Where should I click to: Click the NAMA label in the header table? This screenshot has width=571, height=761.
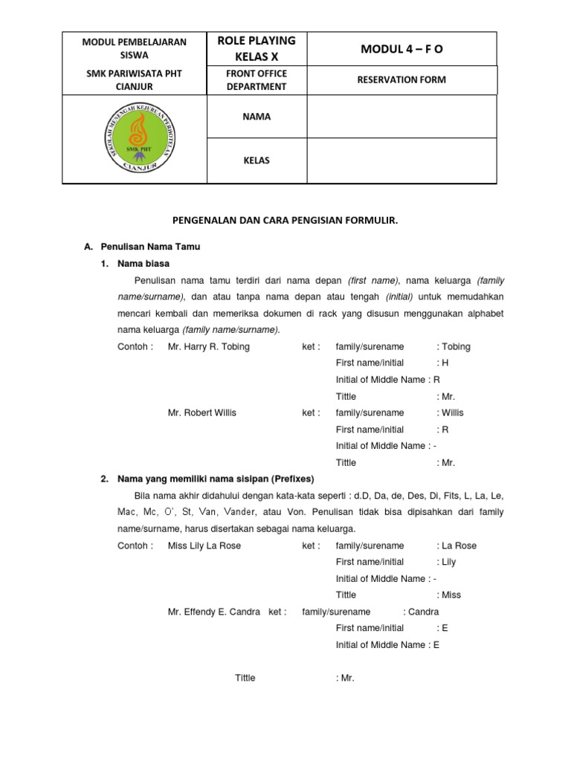257,117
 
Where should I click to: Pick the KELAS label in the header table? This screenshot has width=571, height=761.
257,161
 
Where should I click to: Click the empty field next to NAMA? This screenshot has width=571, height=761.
401,117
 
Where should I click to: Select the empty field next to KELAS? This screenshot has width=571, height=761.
401,161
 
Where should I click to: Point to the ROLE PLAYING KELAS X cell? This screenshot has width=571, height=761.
257,48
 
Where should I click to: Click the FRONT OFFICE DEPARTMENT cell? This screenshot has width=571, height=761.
257,80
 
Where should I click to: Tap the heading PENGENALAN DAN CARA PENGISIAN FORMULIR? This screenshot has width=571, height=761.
285,221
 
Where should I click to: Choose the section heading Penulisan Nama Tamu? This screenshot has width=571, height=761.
152,246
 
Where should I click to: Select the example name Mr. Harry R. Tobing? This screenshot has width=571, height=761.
209,346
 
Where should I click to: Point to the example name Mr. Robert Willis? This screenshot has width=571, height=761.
202,412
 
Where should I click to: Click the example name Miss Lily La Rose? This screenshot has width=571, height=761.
204,545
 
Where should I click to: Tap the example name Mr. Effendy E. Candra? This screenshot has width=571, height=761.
214,612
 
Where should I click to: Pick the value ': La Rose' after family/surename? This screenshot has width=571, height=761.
457,545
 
